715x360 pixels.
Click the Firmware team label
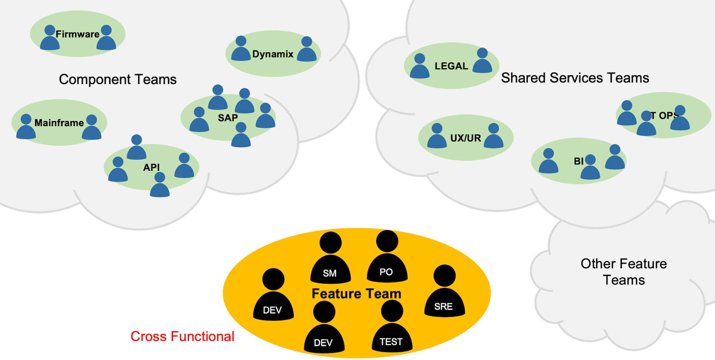(x=77, y=34)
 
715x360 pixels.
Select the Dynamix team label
(x=273, y=54)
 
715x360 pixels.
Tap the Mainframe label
(x=59, y=123)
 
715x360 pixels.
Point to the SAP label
(x=228, y=118)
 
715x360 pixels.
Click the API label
(x=151, y=168)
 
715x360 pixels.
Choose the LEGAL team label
(x=451, y=66)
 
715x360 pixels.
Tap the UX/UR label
(x=465, y=138)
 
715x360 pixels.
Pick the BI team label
(x=578, y=161)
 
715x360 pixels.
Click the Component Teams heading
(x=117, y=79)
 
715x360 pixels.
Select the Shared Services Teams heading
(x=575, y=78)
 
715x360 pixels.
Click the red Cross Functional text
(x=182, y=337)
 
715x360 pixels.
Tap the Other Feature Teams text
(x=624, y=272)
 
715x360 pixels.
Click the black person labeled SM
(x=330, y=261)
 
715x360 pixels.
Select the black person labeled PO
(x=387, y=259)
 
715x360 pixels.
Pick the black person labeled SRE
(x=444, y=294)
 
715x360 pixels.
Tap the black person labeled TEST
(x=392, y=329)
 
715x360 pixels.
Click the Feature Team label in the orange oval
(x=356, y=294)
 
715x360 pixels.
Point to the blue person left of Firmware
(x=50, y=39)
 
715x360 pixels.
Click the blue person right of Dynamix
(x=306, y=50)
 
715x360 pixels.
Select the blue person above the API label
(x=137, y=148)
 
